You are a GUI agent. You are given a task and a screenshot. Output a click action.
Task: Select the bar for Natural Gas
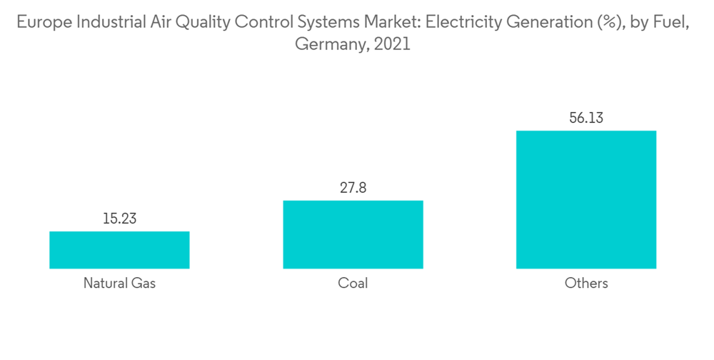pyautogui.click(x=119, y=250)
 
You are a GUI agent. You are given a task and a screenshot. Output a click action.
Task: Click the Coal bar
pyautogui.click(x=353, y=234)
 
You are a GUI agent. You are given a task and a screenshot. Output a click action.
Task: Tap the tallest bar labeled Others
pyautogui.click(x=585, y=199)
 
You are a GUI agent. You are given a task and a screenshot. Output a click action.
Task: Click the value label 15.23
pyautogui.click(x=119, y=219)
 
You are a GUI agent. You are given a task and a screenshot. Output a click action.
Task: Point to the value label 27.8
pyautogui.click(x=353, y=188)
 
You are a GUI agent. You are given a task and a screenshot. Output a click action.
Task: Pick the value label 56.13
pyautogui.click(x=585, y=118)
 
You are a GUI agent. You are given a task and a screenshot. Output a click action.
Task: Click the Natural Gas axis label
pyautogui.click(x=119, y=284)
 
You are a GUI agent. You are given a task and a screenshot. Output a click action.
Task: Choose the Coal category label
pyautogui.click(x=353, y=284)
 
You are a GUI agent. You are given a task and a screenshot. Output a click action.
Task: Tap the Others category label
pyautogui.click(x=585, y=284)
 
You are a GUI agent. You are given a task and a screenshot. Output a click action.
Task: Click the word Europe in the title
pyautogui.click(x=42, y=22)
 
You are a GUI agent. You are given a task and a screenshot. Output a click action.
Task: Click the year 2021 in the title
pyautogui.click(x=393, y=44)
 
